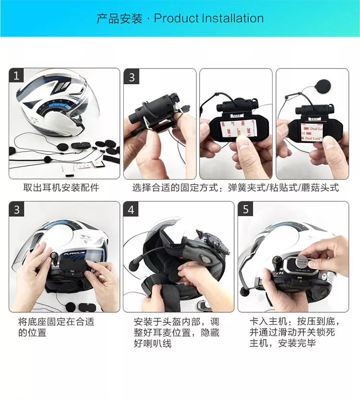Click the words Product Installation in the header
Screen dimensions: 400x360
coord(208,19)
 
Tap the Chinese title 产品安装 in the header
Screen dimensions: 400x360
coord(120,19)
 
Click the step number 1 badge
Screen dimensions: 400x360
coord(17,76)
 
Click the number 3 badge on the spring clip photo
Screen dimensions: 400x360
coord(132,77)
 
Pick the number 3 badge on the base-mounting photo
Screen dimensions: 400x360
coord(17,210)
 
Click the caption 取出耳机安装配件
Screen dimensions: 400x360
coord(61,188)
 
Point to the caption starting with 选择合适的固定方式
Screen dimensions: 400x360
coord(235,188)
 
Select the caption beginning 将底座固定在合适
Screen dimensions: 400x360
coord(56,327)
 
